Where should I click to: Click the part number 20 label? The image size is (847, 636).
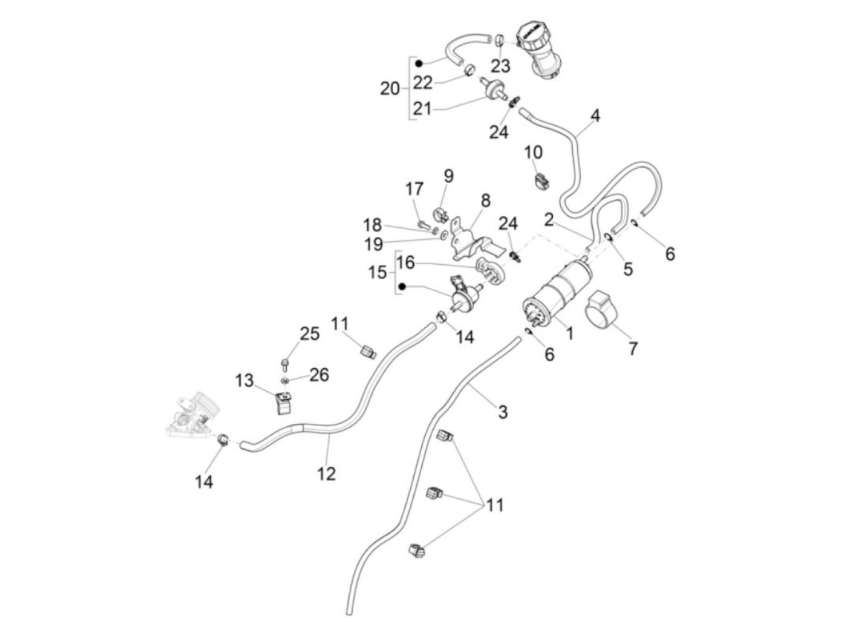pos(390,89)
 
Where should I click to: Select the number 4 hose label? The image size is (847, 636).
pos(595,115)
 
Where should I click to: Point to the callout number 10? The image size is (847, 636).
pos(534,152)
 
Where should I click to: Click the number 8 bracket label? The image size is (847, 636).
pos(486,200)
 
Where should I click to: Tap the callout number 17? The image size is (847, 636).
pos(414,189)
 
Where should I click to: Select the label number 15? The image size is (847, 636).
pos(378,273)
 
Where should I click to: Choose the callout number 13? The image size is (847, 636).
pos(244,381)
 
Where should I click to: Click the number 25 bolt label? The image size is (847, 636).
pos(309,333)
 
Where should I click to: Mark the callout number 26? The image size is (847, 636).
pos(319,375)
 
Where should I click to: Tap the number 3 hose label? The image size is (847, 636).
pos(503,412)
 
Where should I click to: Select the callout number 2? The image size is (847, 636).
pos(549,219)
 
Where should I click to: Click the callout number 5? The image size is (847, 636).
pos(628,268)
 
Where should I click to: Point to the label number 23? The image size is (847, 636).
pos(500,65)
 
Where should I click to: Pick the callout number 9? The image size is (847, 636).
pos(448,176)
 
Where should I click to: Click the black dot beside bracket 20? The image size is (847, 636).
pos(418,62)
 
